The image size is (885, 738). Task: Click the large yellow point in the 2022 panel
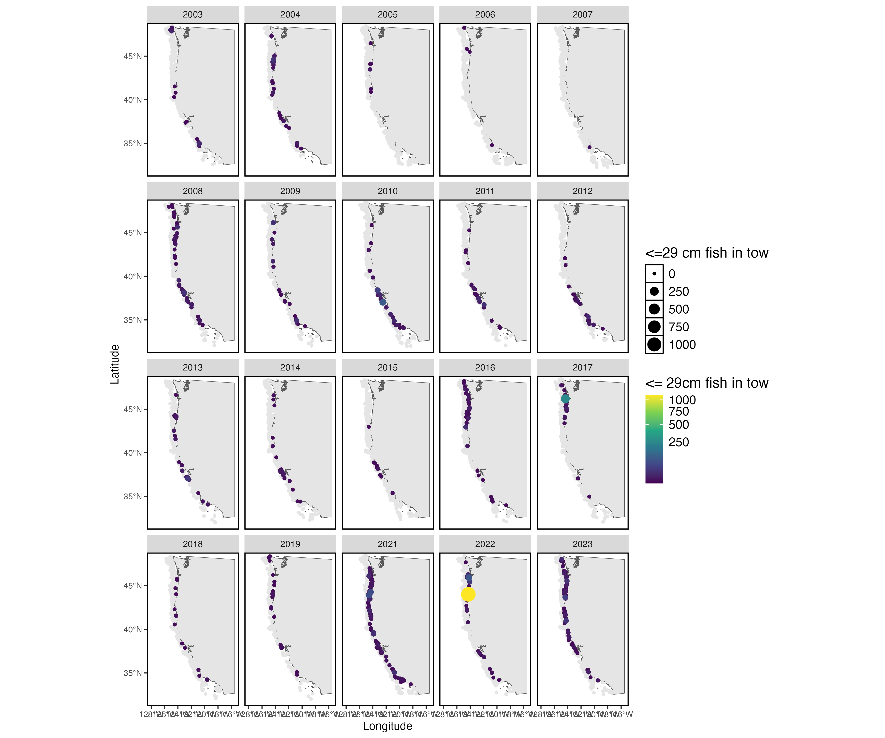(x=468, y=594)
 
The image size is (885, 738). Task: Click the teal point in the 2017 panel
(x=565, y=399)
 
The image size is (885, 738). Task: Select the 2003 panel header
(x=192, y=14)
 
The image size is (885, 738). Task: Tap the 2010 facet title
(x=387, y=191)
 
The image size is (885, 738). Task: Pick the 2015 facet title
(x=387, y=367)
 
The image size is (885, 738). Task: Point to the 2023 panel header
(x=582, y=544)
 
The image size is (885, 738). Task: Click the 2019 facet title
(x=290, y=544)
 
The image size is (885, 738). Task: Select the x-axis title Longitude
(x=387, y=726)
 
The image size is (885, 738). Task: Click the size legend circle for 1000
(x=654, y=345)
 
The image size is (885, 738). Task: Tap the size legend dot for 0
(x=654, y=274)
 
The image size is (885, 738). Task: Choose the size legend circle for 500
(x=654, y=309)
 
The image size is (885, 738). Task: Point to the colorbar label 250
(x=678, y=442)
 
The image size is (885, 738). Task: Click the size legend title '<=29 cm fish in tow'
(x=707, y=253)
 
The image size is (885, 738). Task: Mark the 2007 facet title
(x=582, y=14)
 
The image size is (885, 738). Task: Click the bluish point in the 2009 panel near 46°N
(x=273, y=223)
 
